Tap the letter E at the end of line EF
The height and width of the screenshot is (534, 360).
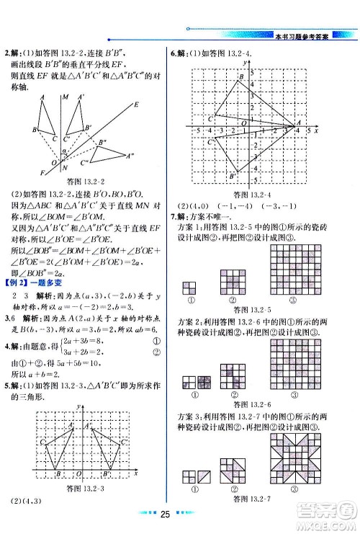135,104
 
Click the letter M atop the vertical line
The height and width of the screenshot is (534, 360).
66,97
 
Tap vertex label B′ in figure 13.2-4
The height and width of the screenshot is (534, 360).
232,176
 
